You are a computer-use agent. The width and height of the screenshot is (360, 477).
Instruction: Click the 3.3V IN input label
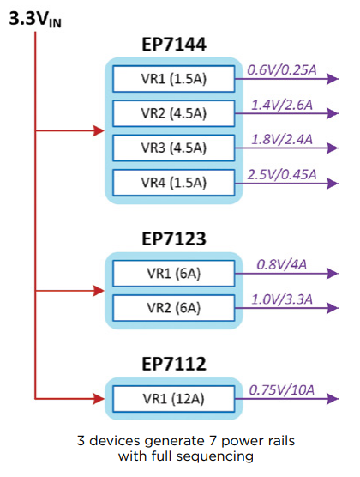click(x=35, y=19)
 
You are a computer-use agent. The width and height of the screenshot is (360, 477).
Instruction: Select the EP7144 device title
click(x=174, y=45)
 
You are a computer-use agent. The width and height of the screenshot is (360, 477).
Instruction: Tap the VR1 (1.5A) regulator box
click(x=174, y=79)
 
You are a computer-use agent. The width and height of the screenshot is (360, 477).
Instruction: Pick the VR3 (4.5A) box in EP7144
click(x=174, y=148)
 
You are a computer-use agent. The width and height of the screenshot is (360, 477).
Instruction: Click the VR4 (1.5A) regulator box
click(x=174, y=183)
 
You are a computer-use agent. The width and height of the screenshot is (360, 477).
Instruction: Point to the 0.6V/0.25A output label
click(x=282, y=70)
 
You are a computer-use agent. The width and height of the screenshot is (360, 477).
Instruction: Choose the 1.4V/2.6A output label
click(x=282, y=105)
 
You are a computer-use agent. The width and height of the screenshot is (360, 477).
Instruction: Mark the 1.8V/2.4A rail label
click(x=282, y=139)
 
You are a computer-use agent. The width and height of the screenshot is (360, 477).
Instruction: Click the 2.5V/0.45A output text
click(x=282, y=174)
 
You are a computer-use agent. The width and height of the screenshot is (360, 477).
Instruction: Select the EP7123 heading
click(x=174, y=238)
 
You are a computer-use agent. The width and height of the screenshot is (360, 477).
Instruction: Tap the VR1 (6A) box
click(x=174, y=273)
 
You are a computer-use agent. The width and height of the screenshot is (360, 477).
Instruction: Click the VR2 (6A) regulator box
click(x=174, y=308)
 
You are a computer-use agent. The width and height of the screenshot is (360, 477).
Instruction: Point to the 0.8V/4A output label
click(x=282, y=264)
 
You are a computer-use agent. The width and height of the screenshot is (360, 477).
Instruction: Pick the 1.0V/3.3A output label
click(x=282, y=299)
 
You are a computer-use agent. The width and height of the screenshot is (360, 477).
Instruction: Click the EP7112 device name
click(x=174, y=364)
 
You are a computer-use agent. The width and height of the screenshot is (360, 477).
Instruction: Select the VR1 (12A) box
click(x=174, y=399)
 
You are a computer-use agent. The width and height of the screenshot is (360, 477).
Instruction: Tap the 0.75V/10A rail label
click(x=282, y=390)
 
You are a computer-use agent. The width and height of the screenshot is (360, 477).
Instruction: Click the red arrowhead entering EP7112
click(x=99, y=398)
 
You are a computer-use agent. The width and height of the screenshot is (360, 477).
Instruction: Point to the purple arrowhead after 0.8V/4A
click(x=333, y=273)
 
